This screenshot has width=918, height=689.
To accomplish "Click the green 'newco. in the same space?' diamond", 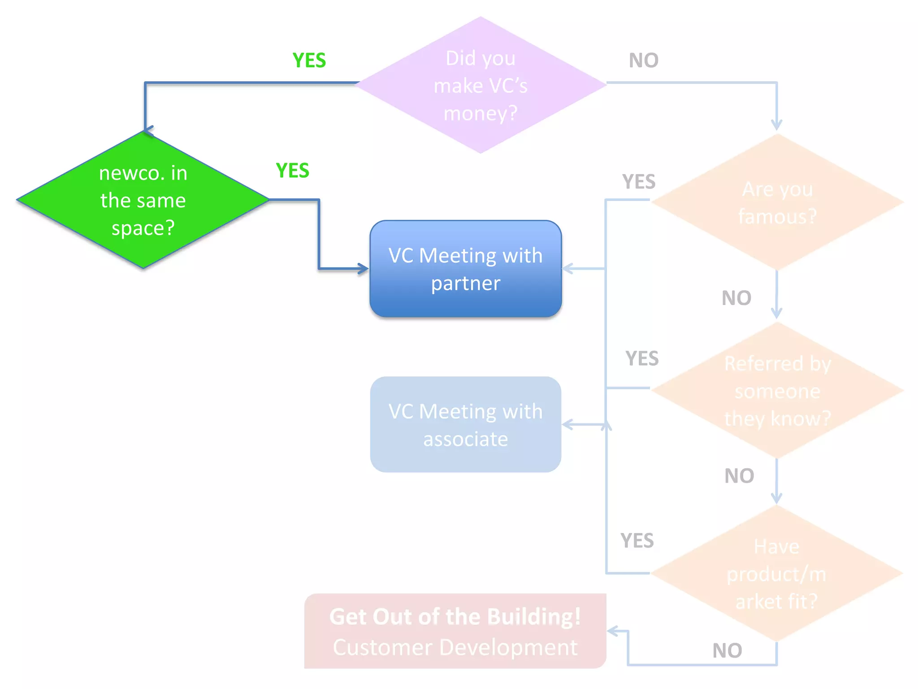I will (143, 200).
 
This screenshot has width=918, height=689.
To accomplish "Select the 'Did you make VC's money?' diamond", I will (481, 85).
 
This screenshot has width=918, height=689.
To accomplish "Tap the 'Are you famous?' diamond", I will (777, 202).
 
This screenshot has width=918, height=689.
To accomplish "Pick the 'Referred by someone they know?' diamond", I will (777, 391).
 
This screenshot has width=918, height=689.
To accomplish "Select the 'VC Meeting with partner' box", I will (465, 269).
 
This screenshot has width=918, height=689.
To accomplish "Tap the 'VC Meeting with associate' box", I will (465, 425).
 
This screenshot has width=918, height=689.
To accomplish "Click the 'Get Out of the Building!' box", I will (455, 617).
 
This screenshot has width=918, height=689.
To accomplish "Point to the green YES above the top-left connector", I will (309, 60).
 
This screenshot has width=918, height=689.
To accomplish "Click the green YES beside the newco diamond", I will (292, 170).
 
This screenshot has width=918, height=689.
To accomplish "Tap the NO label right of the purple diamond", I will (643, 60).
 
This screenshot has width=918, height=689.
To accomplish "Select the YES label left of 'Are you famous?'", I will (639, 182).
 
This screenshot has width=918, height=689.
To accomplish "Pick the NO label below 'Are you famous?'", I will (736, 298).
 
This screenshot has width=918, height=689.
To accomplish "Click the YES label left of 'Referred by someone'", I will (642, 358).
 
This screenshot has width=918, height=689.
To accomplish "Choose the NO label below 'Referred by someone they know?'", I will (739, 476).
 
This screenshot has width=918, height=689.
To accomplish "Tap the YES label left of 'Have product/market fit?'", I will (637, 541).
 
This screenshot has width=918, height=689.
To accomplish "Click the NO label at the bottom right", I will (727, 650).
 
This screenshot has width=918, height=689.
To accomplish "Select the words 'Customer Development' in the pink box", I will (455, 647).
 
